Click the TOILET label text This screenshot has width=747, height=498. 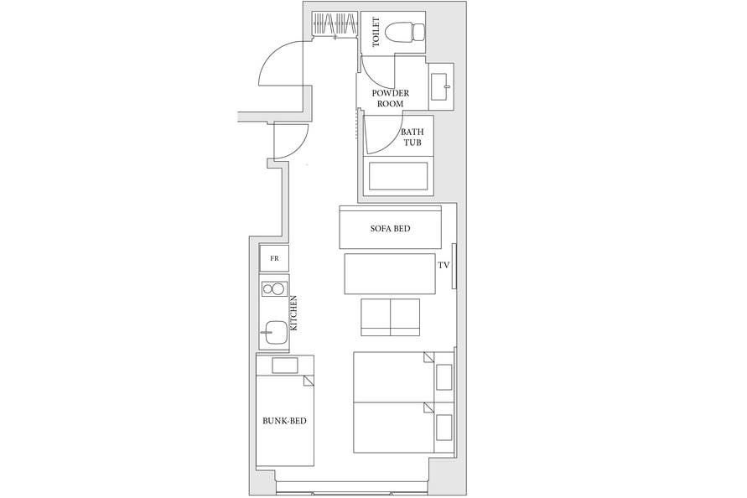pos(376,32)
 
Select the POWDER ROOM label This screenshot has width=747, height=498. pos(390,98)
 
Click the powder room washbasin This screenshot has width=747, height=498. pos(441,86)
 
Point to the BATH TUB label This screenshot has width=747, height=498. pos(412,137)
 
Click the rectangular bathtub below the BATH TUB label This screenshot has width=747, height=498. pos(398,176)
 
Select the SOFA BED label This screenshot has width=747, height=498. pos(390,229)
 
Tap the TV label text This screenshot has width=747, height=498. pos(444,266)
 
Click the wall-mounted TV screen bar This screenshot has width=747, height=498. pos(454,266)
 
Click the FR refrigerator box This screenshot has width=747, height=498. pos(274,258)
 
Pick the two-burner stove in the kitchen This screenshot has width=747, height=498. pos(273,288)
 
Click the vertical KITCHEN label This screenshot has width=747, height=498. pos(294,313)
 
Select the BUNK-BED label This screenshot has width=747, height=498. pos(284,421)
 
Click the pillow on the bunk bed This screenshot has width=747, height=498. pos(285,366)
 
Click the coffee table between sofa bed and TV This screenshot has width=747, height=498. pos(390,273)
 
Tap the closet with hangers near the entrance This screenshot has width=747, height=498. pos(335,23)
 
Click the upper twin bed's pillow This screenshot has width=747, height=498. pos(444,377)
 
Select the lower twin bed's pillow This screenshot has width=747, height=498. pos(444,428)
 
